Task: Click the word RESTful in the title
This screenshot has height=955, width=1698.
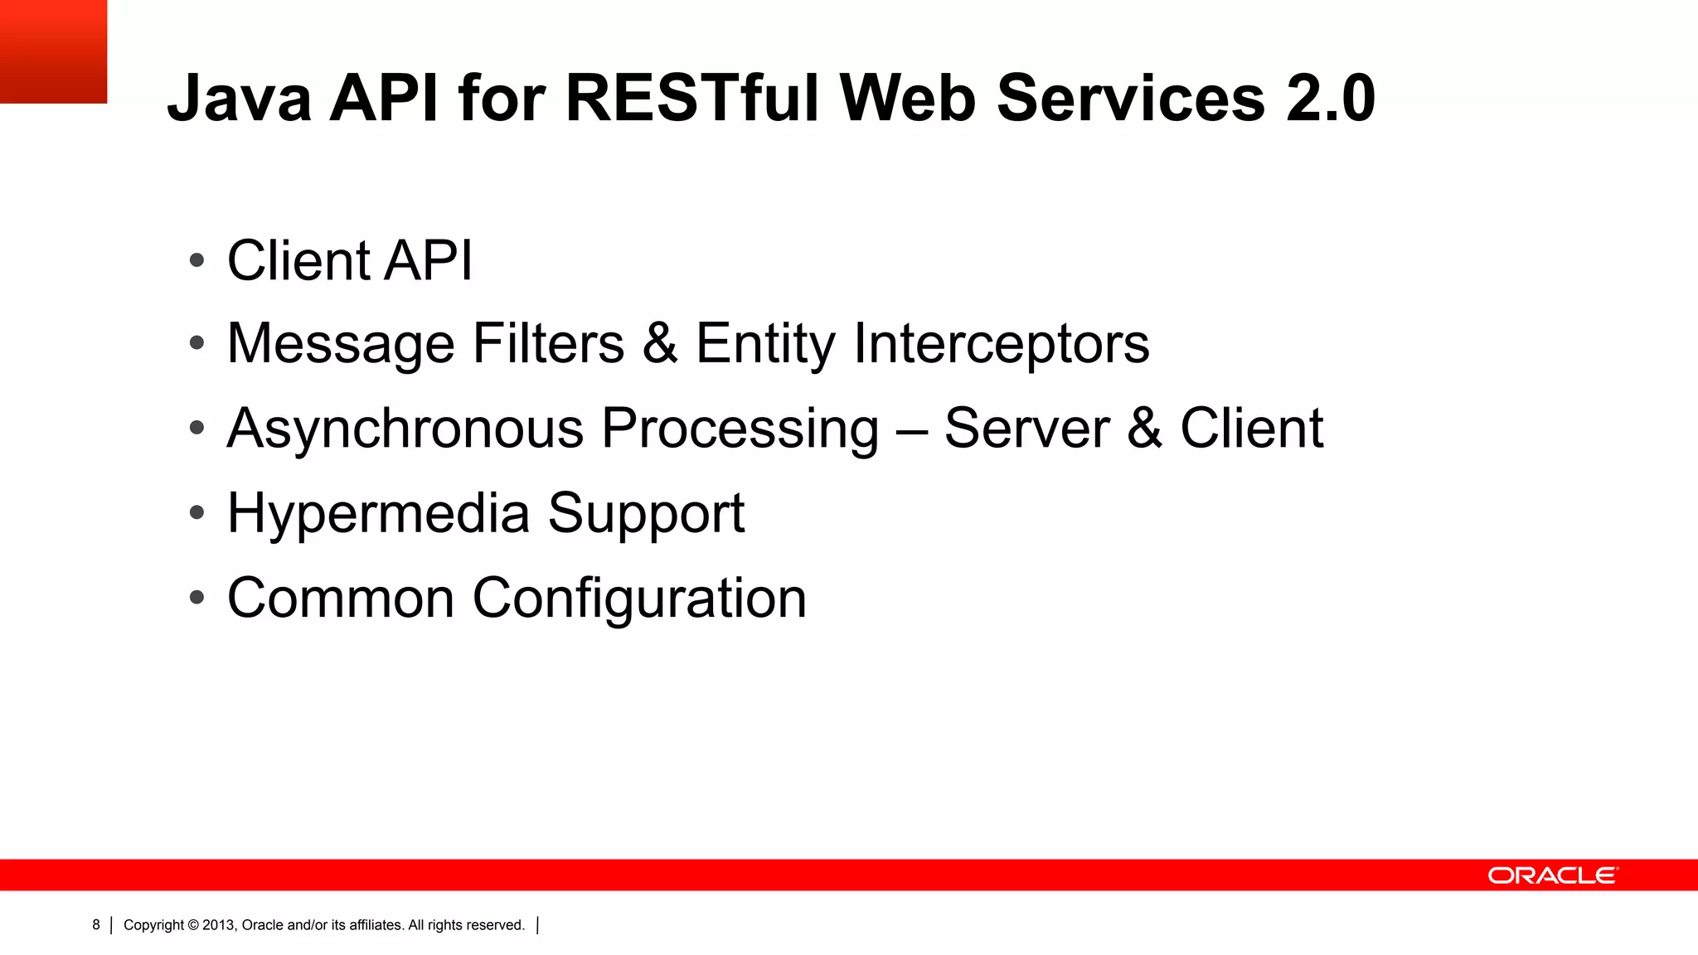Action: (692, 99)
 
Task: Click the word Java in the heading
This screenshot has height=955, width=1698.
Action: (240, 99)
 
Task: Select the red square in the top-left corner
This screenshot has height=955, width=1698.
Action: (53, 51)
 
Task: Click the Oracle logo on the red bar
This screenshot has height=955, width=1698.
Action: (1552, 875)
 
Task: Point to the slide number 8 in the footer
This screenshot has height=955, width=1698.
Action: (96, 924)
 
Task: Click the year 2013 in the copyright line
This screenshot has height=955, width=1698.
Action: (219, 925)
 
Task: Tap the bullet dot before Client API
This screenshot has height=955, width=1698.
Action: (196, 260)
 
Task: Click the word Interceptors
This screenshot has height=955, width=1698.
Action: (1001, 343)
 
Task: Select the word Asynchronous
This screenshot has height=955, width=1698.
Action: (405, 429)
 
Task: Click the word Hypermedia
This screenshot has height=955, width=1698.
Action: (378, 513)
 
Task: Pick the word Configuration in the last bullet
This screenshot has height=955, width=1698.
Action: (639, 598)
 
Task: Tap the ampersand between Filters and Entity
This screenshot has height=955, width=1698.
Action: (660, 343)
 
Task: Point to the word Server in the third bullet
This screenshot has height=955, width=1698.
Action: (1026, 429)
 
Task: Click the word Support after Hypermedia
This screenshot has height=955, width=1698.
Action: (646, 513)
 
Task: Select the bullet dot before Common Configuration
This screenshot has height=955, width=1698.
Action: (196, 597)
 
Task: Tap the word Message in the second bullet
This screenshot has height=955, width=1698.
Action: (341, 343)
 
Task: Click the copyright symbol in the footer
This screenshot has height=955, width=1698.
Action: (193, 925)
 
